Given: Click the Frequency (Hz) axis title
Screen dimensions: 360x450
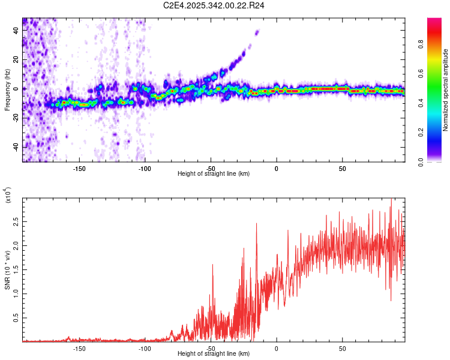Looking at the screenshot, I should click(x=7, y=89).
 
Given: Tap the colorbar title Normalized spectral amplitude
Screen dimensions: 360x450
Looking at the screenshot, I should click(x=445, y=90).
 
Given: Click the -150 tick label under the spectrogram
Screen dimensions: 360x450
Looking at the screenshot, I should click(x=79, y=168).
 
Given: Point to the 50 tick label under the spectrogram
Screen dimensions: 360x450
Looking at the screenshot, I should click(x=341, y=168).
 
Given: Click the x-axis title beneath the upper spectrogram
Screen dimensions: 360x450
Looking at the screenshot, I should click(x=214, y=174).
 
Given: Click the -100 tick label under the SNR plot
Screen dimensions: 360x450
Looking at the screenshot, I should click(x=145, y=348).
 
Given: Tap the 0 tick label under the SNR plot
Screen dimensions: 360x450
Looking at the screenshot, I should click(x=276, y=348).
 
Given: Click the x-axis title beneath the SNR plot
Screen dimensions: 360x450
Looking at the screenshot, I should click(x=214, y=354).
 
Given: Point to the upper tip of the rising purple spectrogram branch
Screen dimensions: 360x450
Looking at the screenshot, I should click(x=257, y=32).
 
